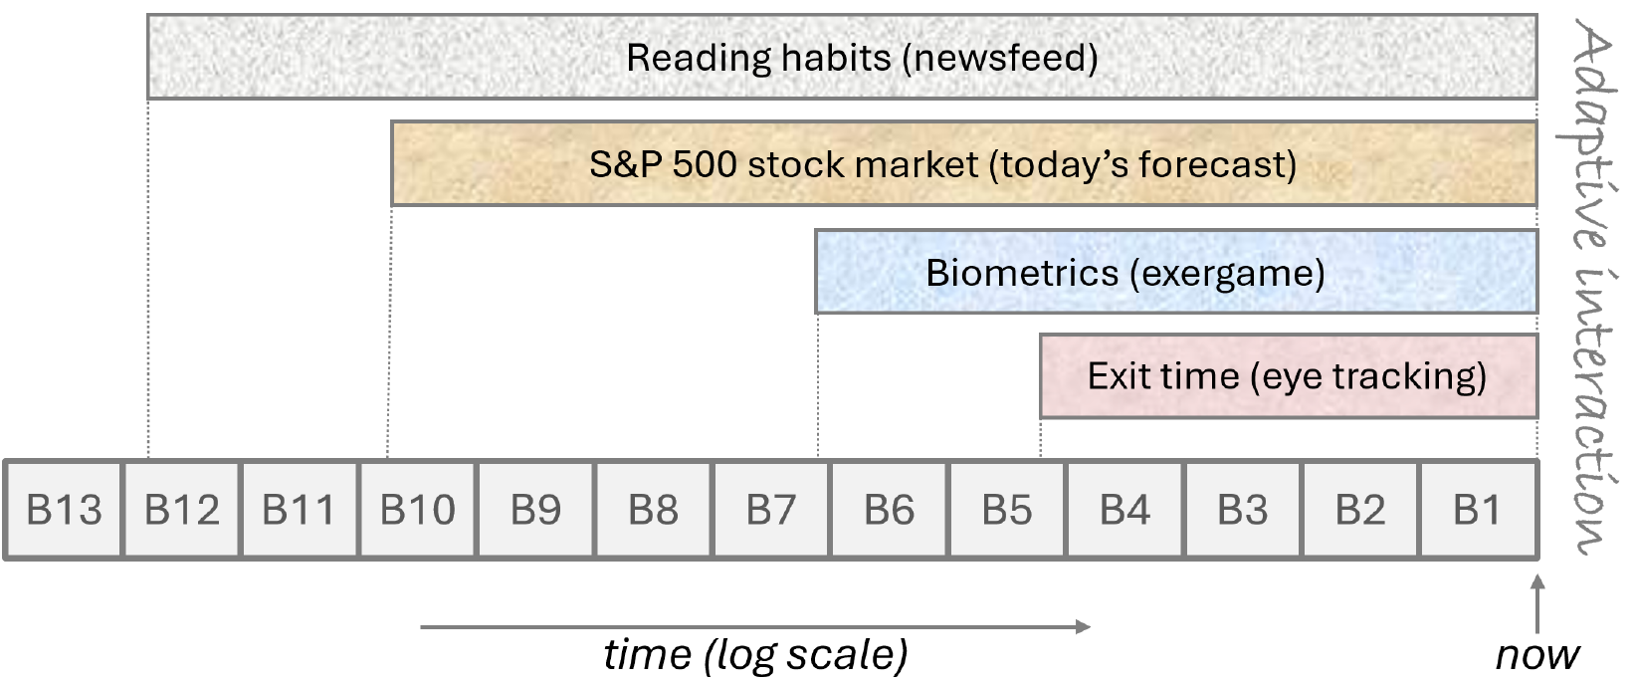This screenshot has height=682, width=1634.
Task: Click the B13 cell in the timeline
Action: click(64, 510)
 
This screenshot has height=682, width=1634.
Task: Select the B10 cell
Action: click(417, 510)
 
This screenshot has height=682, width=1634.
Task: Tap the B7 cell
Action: click(771, 510)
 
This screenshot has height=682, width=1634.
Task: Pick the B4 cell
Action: click(1124, 510)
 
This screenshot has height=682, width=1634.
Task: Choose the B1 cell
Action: click(1480, 510)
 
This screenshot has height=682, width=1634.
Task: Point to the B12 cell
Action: click(182, 510)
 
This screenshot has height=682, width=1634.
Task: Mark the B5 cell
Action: click(1007, 510)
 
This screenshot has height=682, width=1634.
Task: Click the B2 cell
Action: click(1360, 510)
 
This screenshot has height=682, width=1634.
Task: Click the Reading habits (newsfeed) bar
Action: click(843, 57)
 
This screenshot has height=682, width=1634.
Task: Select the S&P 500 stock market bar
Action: click(964, 163)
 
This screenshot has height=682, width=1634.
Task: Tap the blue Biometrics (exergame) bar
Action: click(1176, 273)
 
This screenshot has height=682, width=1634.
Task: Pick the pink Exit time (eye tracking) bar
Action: click(1289, 376)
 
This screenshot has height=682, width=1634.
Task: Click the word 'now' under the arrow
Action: click(1537, 655)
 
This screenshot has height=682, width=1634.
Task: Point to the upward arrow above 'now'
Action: click(1537, 604)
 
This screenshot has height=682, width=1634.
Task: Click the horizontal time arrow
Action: click(755, 626)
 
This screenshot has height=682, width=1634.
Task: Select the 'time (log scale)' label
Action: click(755, 655)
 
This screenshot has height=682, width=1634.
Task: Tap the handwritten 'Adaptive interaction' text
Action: click(1589, 287)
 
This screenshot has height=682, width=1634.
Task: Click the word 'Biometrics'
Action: click(1022, 273)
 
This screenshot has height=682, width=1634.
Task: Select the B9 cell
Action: click(535, 510)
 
